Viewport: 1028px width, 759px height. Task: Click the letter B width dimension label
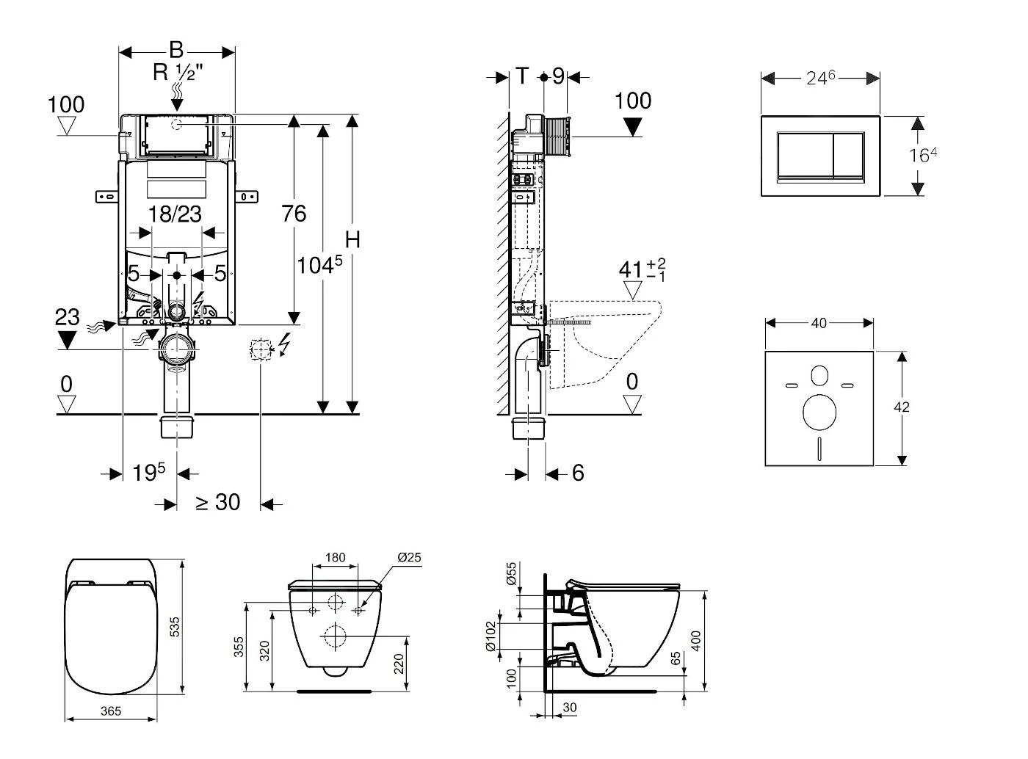coord(176,50)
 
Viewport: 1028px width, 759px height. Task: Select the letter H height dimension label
coord(353,239)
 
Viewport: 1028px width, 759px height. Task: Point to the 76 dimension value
coord(294,214)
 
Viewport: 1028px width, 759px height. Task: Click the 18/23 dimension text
coord(175,214)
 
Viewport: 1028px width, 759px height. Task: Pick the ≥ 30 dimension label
coord(217,502)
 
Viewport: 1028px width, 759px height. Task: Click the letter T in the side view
coord(522,76)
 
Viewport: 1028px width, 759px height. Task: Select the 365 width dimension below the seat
coord(110,711)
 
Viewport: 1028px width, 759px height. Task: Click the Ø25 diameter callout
coord(409,558)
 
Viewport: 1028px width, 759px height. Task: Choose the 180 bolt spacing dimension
coord(335,558)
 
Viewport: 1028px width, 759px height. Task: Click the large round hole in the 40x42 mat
coord(819,412)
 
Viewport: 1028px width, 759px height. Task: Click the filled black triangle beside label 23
coord(68,340)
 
